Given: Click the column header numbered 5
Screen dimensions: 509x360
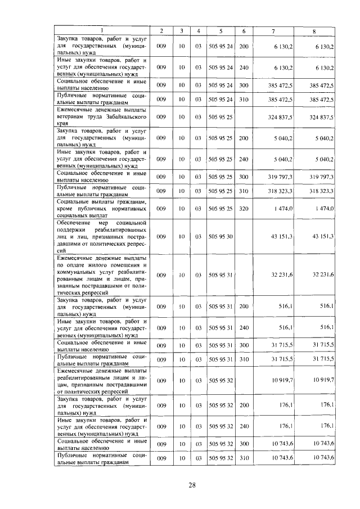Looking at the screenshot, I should pyautogui.click(x=220, y=30).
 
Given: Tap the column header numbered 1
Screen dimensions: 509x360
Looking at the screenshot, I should pyautogui.click(x=102, y=30).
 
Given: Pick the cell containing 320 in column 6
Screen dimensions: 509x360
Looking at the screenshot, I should pyautogui.click(x=244, y=209).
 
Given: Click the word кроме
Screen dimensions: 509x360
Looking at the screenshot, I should pyautogui.click(x=66, y=209).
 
